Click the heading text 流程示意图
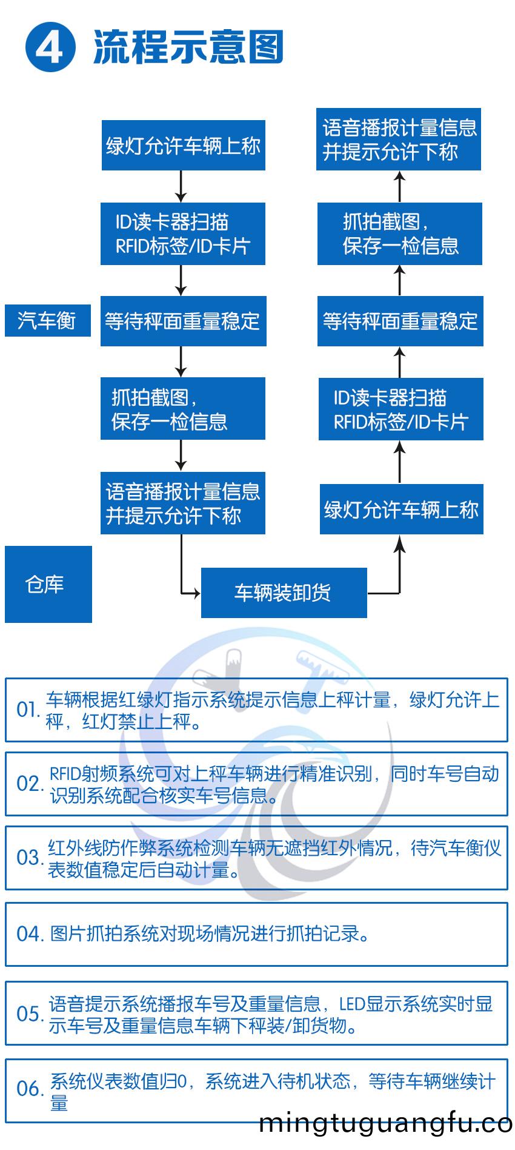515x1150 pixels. (x=188, y=47)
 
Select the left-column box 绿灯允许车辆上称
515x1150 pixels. (x=183, y=146)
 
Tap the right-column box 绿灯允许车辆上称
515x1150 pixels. (x=401, y=509)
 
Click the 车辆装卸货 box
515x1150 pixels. (x=284, y=593)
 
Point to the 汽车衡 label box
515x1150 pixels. (x=47, y=320)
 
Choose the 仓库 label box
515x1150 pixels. (x=48, y=584)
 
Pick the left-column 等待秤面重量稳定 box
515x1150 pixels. (x=183, y=321)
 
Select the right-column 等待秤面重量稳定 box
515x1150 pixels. (x=400, y=321)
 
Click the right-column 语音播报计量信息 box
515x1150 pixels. (x=399, y=140)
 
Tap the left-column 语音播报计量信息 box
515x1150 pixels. (x=182, y=503)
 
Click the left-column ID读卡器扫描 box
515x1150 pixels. (x=182, y=234)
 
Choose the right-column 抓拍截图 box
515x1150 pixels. (x=399, y=234)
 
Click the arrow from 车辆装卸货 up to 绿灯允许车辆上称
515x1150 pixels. (x=399, y=564)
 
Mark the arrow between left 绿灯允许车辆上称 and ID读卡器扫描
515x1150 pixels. (x=181, y=186)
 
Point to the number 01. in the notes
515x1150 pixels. (x=28, y=710)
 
